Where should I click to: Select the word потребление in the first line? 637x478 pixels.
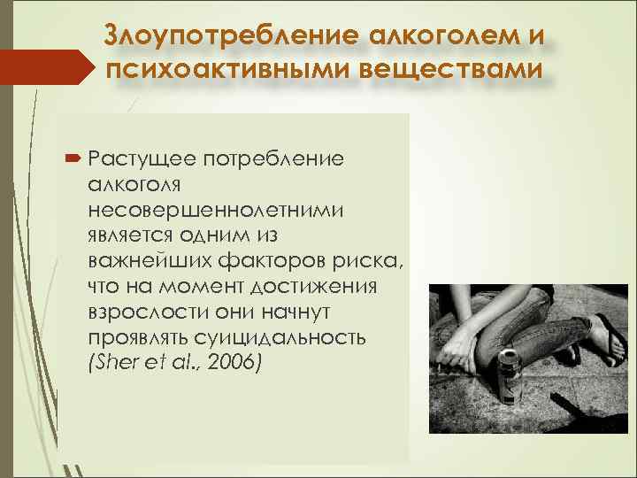point(273,160)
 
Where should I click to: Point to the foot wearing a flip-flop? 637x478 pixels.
point(607,341)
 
